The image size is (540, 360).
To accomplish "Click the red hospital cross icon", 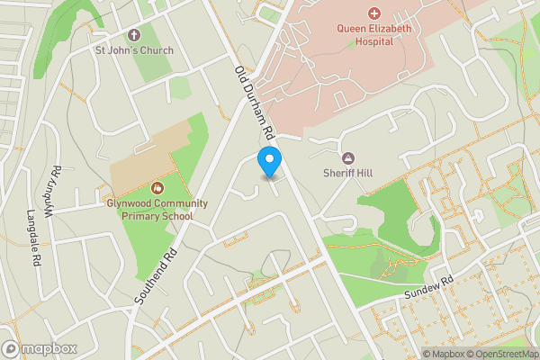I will click(374, 13).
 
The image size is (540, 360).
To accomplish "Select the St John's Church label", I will click(134, 50).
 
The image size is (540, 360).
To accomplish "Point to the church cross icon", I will click(134, 35).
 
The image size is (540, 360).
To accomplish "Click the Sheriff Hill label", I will click(348, 174).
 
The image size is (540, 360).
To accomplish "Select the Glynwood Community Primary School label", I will click(157, 209).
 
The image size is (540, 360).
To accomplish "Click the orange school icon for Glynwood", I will click(157, 187).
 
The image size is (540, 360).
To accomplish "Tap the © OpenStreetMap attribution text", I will click(500, 354).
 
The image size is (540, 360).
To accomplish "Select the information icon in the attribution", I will click(414, 354).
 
